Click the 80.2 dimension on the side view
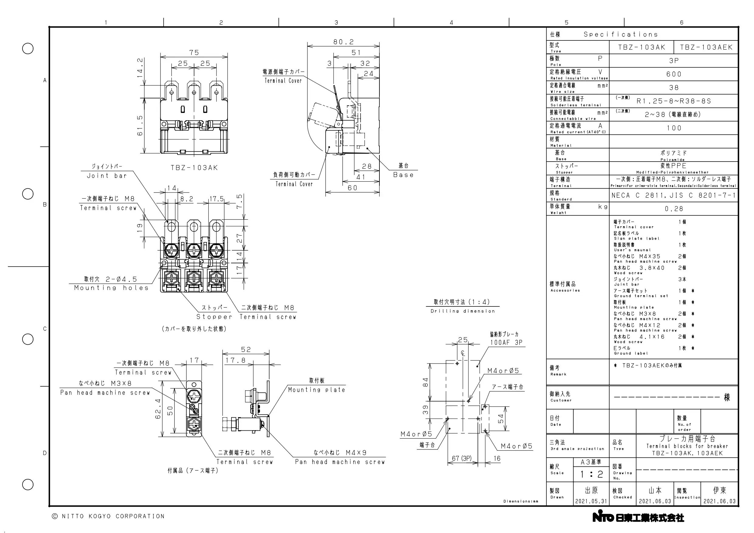[344, 42]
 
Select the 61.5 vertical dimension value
[140, 125]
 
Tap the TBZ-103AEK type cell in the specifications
[706, 47]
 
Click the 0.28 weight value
[674, 209]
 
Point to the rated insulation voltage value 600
[674, 74]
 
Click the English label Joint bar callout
[107, 176]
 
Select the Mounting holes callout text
[111, 288]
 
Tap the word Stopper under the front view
[214, 317]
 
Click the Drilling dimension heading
[463, 311]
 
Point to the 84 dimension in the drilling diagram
[426, 382]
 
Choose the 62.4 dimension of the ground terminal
[158, 409]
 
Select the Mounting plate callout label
[317, 390]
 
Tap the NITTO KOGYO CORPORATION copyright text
[108, 516]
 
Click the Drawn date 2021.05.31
[591, 501]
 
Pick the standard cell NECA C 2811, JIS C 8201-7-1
[673, 195]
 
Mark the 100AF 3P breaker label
[506, 343]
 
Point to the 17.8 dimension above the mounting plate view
[235, 360]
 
